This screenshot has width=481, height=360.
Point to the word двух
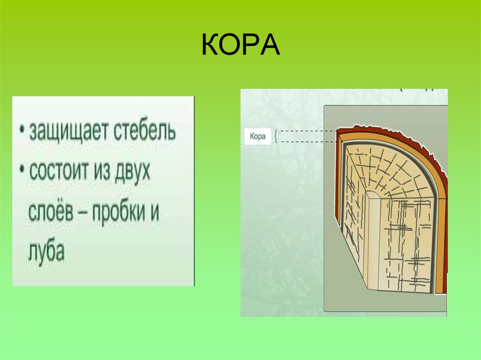click(132, 173)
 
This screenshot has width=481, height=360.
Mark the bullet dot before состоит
click(22, 171)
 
